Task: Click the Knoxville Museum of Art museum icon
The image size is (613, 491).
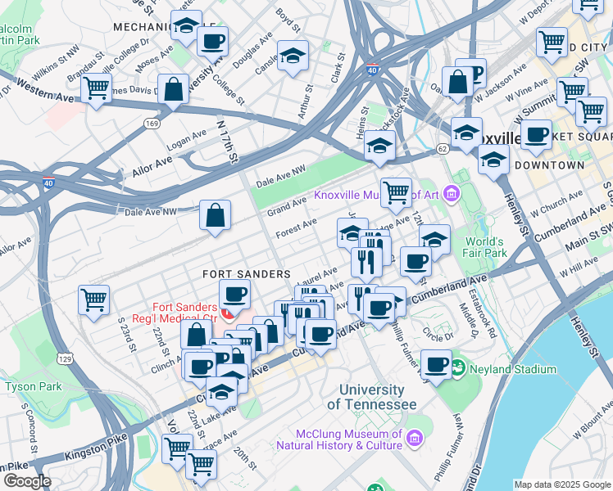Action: click(x=451, y=195)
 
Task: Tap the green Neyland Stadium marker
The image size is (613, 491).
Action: click(x=456, y=369)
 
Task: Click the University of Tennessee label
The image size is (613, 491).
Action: click(x=371, y=398)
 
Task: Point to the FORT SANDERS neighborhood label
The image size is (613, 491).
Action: click(x=246, y=273)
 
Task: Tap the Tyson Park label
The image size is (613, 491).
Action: click(x=34, y=385)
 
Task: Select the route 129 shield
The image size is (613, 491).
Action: click(x=66, y=358)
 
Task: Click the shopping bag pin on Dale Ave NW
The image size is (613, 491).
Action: click(x=215, y=217)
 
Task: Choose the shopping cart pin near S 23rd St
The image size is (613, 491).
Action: click(x=94, y=300)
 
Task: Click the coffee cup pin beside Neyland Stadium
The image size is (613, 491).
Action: click(x=436, y=364)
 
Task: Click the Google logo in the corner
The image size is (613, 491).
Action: click(x=26, y=480)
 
